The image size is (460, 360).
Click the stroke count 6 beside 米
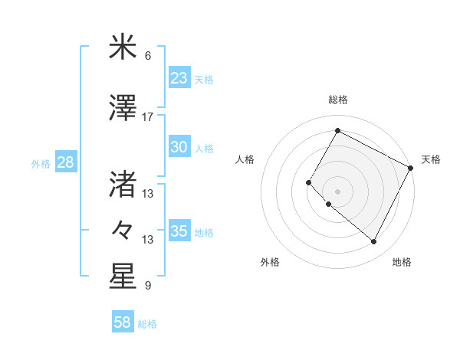(x=147, y=56)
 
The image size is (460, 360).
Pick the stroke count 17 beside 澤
(x=147, y=117)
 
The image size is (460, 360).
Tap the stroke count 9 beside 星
(x=147, y=286)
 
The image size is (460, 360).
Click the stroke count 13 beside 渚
(x=147, y=194)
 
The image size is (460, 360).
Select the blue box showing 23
(x=179, y=77)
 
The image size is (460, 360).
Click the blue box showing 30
(x=179, y=147)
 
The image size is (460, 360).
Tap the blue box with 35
(x=179, y=231)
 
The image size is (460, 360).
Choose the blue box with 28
(x=65, y=162)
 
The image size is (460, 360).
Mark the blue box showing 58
(x=123, y=322)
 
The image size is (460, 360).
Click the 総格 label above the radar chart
(x=338, y=100)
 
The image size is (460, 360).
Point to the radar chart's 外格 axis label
(x=270, y=262)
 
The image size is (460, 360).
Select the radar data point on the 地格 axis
(x=374, y=242)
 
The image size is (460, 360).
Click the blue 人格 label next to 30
(x=204, y=148)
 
